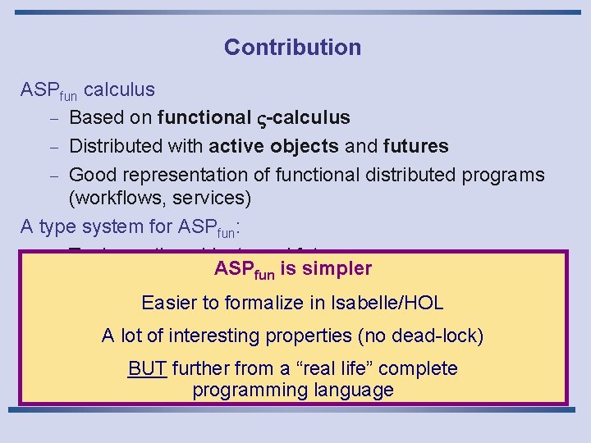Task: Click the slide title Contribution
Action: [292, 47]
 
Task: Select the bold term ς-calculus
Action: [304, 118]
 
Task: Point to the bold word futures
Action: [415, 147]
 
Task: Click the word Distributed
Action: [117, 147]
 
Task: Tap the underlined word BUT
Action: [147, 369]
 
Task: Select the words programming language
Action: [293, 390]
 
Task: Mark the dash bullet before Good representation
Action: [51, 175]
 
